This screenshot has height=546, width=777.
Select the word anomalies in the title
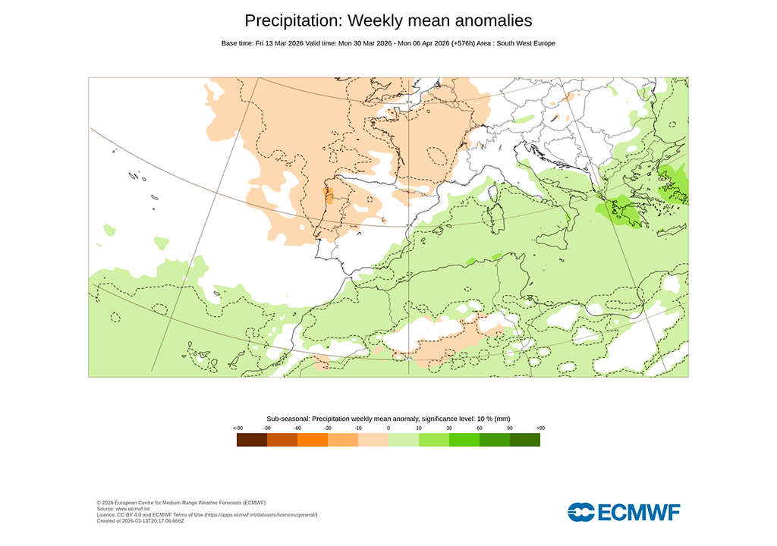point(488,20)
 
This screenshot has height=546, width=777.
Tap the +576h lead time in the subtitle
point(464,43)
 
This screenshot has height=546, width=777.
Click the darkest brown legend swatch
point(252,440)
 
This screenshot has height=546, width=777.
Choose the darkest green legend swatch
point(524,440)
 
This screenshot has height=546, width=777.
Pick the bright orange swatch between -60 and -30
point(313,440)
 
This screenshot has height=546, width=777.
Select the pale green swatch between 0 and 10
point(404,440)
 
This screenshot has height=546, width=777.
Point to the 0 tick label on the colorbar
point(388,428)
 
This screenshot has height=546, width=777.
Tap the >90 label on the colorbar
point(540,428)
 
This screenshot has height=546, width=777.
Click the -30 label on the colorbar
point(328,428)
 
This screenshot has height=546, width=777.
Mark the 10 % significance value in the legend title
point(482,419)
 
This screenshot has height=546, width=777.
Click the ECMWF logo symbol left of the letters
point(581,512)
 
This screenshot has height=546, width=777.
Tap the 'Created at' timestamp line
point(140,521)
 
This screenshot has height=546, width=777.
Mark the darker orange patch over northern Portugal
point(329,196)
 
